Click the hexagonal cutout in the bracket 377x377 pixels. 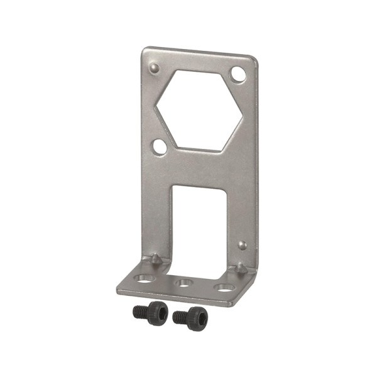199,110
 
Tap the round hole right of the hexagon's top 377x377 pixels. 238,74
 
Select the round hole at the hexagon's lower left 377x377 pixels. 160,147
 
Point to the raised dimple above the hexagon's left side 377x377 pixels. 155,67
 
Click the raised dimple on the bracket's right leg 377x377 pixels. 243,245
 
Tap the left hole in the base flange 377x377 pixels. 145,277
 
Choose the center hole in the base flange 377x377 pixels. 183,283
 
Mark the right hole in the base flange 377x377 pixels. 224,287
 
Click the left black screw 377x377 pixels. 151,312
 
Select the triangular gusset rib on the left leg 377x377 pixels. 155,260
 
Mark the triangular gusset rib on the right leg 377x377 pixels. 240,268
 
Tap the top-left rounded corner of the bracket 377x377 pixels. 145,50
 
